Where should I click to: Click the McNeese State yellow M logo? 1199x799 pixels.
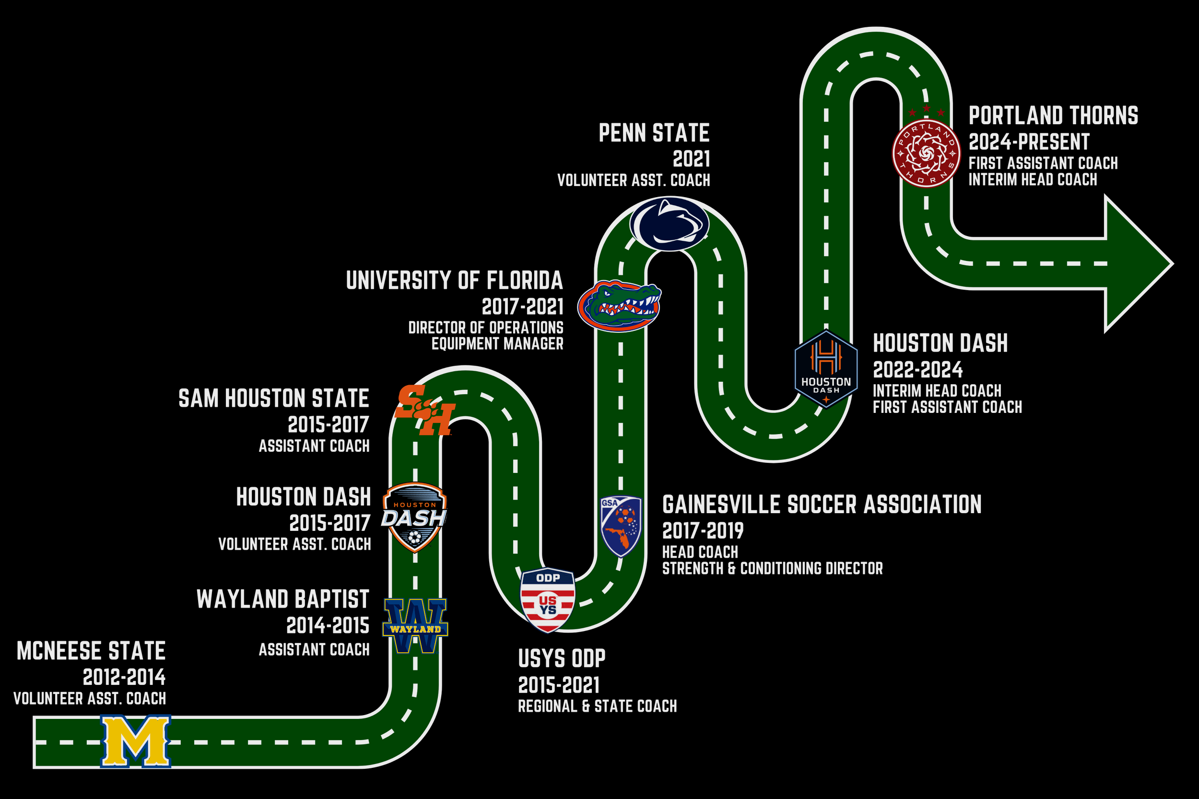click(x=136, y=741)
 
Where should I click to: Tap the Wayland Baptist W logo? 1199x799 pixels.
click(x=415, y=626)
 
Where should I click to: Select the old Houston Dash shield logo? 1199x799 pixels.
click(x=414, y=517)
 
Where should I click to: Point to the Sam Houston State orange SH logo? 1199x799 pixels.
click(x=424, y=411)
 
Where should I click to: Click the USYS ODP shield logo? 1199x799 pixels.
click(x=548, y=600)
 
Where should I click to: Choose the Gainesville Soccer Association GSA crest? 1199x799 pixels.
click(x=621, y=526)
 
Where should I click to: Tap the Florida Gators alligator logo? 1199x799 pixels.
click(x=619, y=306)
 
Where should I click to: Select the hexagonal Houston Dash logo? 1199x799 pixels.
click(x=826, y=369)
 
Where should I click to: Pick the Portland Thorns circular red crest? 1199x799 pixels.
click(x=926, y=153)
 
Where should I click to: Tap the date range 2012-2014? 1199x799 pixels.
click(x=124, y=677)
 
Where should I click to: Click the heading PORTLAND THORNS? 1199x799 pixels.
click(x=1053, y=116)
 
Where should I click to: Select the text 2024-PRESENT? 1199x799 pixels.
click(x=1028, y=141)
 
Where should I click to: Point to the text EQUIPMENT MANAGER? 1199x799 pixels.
click(x=497, y=344)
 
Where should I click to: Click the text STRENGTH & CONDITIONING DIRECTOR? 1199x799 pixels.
click(x=772, y=568)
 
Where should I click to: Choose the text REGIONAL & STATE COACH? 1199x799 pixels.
click(x=597, y=706)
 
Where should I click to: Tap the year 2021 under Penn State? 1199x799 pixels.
click(x=691, y=159)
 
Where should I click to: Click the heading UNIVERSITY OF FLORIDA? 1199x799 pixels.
click(x=454, y=280)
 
